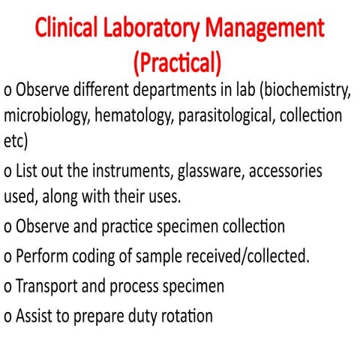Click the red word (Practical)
[x=180, y=61]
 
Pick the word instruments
[x=134, y=171]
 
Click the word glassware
[x=211, y=171]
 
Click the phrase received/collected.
[x=239, y=256]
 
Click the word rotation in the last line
[x=184, y=316]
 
